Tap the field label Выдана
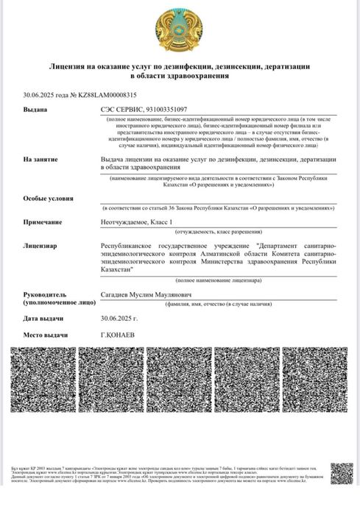pos(35,109)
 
